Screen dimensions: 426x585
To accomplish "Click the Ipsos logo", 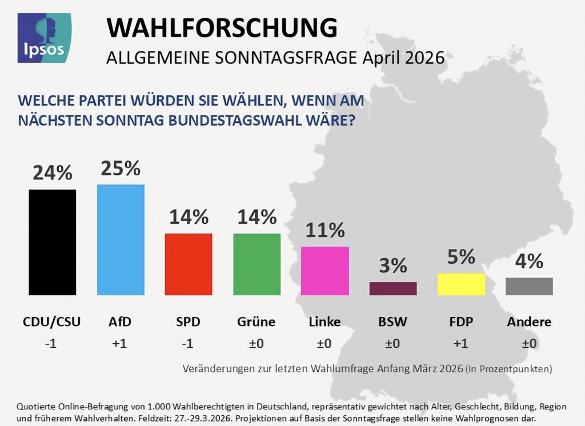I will coord(45,38).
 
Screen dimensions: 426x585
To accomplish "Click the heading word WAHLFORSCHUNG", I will coord(222,27).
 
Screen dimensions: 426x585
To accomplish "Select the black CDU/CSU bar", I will coord(52,242).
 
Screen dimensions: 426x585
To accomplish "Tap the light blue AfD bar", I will coord(121,240).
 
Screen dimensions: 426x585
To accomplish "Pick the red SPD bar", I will coord(189,264).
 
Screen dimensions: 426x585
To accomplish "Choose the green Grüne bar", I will coord(257,264).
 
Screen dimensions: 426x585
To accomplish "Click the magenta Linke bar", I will coord(324,271).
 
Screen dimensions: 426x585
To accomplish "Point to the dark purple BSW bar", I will coord(393,288).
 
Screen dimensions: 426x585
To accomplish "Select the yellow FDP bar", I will coord(461,284).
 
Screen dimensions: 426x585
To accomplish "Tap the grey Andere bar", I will coord(529,286).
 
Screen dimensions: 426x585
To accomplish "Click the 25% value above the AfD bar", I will coord(121,168).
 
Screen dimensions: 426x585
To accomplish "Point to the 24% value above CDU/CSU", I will coord(52,173).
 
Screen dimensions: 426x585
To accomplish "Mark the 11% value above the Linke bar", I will coord(324,230).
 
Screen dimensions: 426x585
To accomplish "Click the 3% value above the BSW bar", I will coord(393,266).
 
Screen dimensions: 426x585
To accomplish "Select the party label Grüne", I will coord(257,321).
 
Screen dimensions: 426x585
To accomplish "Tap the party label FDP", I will coord(461,321).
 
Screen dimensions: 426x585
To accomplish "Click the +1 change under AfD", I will coord(121,344).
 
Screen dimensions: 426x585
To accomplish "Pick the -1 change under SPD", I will coord(189,344).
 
